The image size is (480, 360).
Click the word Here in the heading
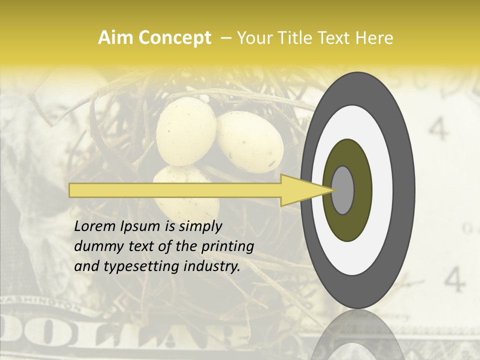374,38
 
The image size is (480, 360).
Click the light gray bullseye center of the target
342,190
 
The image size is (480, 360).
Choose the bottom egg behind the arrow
185,210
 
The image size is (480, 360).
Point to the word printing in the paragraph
227,246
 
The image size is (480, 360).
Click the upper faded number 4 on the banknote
438,130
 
